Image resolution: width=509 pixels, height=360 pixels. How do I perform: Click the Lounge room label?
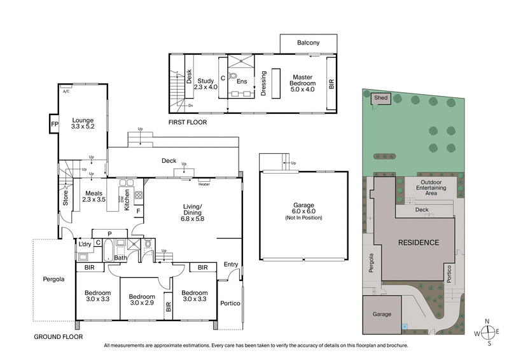pyautogui.click(x=83, y=123)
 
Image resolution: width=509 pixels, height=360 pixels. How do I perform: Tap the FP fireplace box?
pyautogui.click(x=54, y=124)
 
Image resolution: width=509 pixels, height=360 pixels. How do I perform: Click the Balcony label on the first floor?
pyautogui.click(x=308, y=43)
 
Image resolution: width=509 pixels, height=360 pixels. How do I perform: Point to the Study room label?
pyautogui.click(x=204, y=84)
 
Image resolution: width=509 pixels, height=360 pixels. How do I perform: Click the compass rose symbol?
pyautogui.click(x=488, y=331)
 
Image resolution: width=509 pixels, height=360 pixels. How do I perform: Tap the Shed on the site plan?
pyautogui.click(x=380, y=98)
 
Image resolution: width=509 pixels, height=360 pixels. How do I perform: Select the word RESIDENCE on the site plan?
pyautogui.click(x=418, y=242)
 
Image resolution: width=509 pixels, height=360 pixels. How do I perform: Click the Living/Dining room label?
pyautogui.click(x=192, y=211)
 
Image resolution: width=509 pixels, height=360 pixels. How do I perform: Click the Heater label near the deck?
pyautogui.click(x=204, y=184)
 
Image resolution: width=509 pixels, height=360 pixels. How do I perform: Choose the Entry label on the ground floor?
pyautogui.click(x=230, y=264)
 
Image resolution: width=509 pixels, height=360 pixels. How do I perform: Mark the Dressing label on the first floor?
pyautogui.click(x=263, y=83)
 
